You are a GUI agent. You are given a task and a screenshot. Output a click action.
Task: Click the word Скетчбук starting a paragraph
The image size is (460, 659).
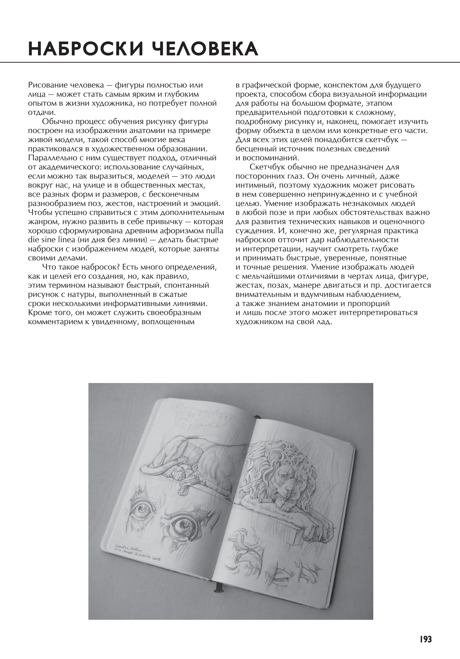click(267, 167)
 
